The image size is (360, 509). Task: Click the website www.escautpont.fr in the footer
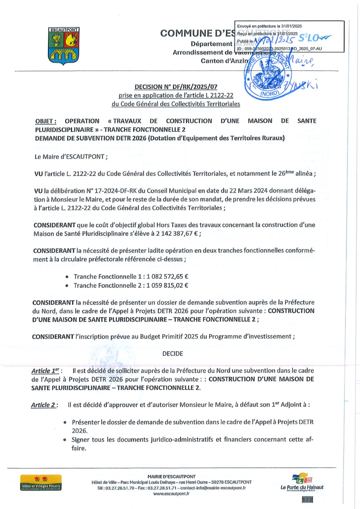(171, 494)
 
